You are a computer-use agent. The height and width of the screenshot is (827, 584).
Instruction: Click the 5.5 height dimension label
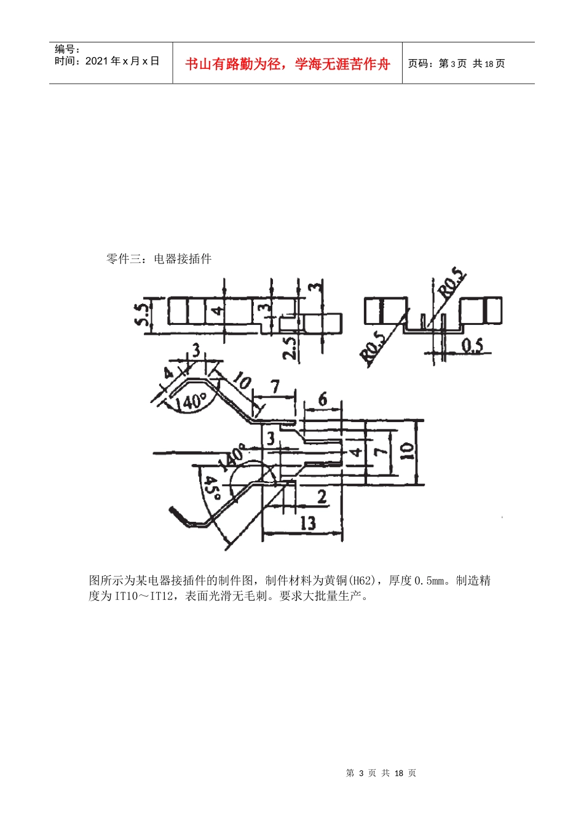[141, 314]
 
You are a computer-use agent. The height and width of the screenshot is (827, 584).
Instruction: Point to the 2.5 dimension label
[290, 346]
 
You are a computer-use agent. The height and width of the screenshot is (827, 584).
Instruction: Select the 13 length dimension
[307, 523]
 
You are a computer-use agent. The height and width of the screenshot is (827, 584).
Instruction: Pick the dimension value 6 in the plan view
[323, 400]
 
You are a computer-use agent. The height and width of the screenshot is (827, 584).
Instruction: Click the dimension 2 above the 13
[321, 496]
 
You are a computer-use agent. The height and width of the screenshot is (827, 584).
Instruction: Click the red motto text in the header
[287, 64]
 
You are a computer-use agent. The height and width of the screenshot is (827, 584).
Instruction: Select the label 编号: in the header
[68, 49]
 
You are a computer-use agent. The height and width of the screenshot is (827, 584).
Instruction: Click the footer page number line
[381, 773]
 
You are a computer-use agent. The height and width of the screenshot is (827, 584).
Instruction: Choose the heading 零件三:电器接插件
[159, 259]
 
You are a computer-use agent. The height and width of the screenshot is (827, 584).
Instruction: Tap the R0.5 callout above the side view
[452, 283]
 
